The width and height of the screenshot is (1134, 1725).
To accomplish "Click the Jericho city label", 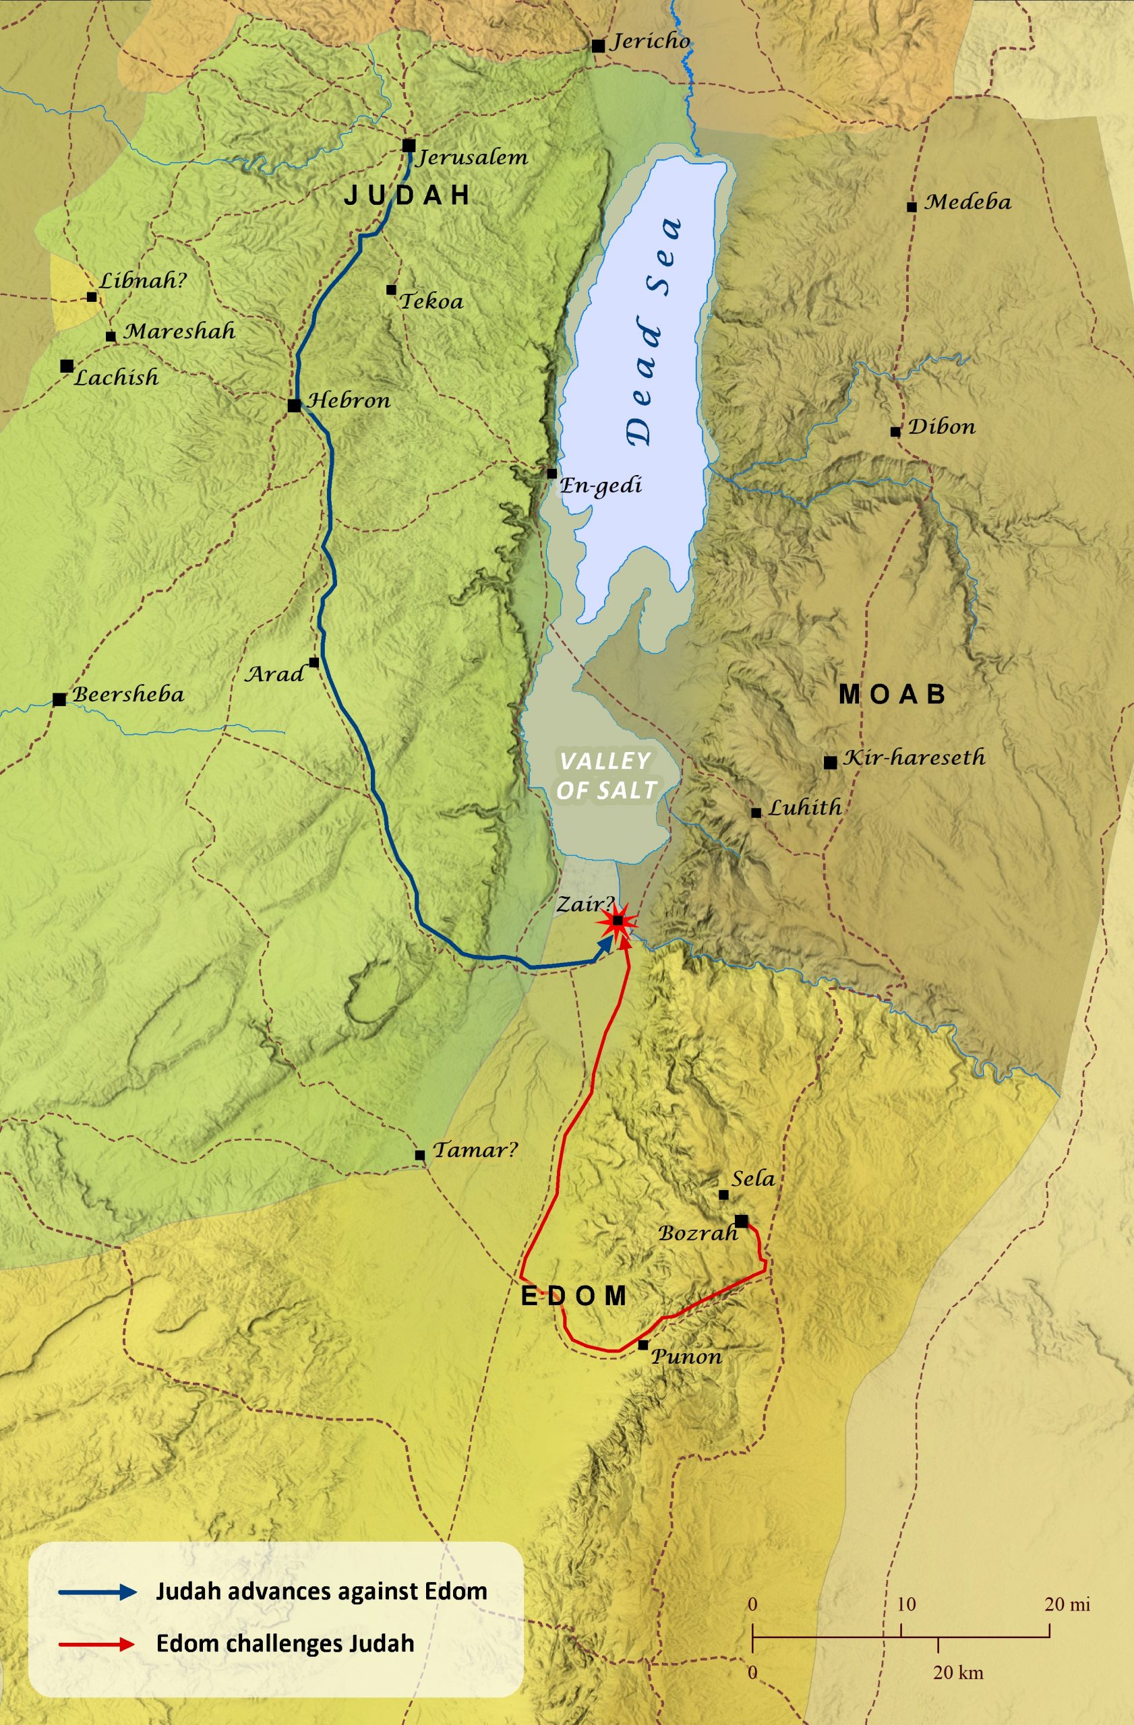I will (651, 41).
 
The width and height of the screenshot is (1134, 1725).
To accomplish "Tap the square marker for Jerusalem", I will (409, 146).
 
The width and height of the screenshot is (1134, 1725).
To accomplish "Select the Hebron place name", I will (349, 401).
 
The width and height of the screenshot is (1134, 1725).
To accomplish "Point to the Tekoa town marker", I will (392, 290).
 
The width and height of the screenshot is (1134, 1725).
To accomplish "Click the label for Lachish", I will (116, 377).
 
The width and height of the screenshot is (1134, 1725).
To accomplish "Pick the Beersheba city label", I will (127, 694).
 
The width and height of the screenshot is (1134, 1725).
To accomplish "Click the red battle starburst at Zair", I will (618, 921).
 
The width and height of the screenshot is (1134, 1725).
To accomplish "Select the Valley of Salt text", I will (606, 776).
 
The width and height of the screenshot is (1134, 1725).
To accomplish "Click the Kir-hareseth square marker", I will (830, 763).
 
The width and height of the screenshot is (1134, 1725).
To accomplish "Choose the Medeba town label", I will (967, 201).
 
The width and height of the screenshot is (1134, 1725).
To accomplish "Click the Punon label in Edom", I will (686, 1357).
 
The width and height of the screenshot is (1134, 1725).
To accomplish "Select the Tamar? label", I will (475, 1150).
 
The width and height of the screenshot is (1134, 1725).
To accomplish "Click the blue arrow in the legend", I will (98, 1592).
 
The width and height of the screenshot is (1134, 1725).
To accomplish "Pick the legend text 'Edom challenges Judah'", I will (285, 1643).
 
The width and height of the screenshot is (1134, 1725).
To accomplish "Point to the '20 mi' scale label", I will (1067, 1604).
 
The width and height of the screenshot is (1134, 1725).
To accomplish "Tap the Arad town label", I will (275, 674).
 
